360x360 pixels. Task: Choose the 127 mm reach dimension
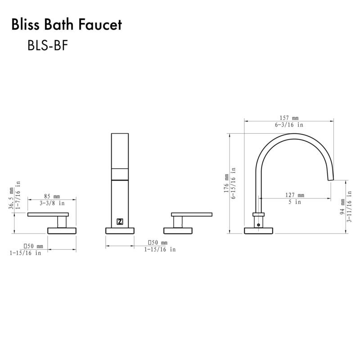[295, 195]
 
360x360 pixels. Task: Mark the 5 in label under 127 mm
[295, 202]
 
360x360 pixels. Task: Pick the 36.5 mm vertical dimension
[11, 199]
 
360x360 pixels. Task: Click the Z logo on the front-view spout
[120, 221]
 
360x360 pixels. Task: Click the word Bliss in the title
[27, 25]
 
